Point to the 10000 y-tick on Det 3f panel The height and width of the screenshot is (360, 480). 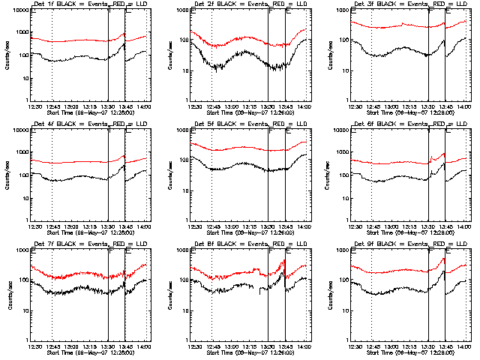tap(339, 11)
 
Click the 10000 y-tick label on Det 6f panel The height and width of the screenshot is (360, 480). tap(339, 130)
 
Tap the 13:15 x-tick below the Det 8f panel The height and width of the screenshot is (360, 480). tap(250, 346)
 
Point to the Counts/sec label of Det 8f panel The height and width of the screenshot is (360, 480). tap(168, 295)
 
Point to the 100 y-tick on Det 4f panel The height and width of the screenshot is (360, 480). tap(21, 175)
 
